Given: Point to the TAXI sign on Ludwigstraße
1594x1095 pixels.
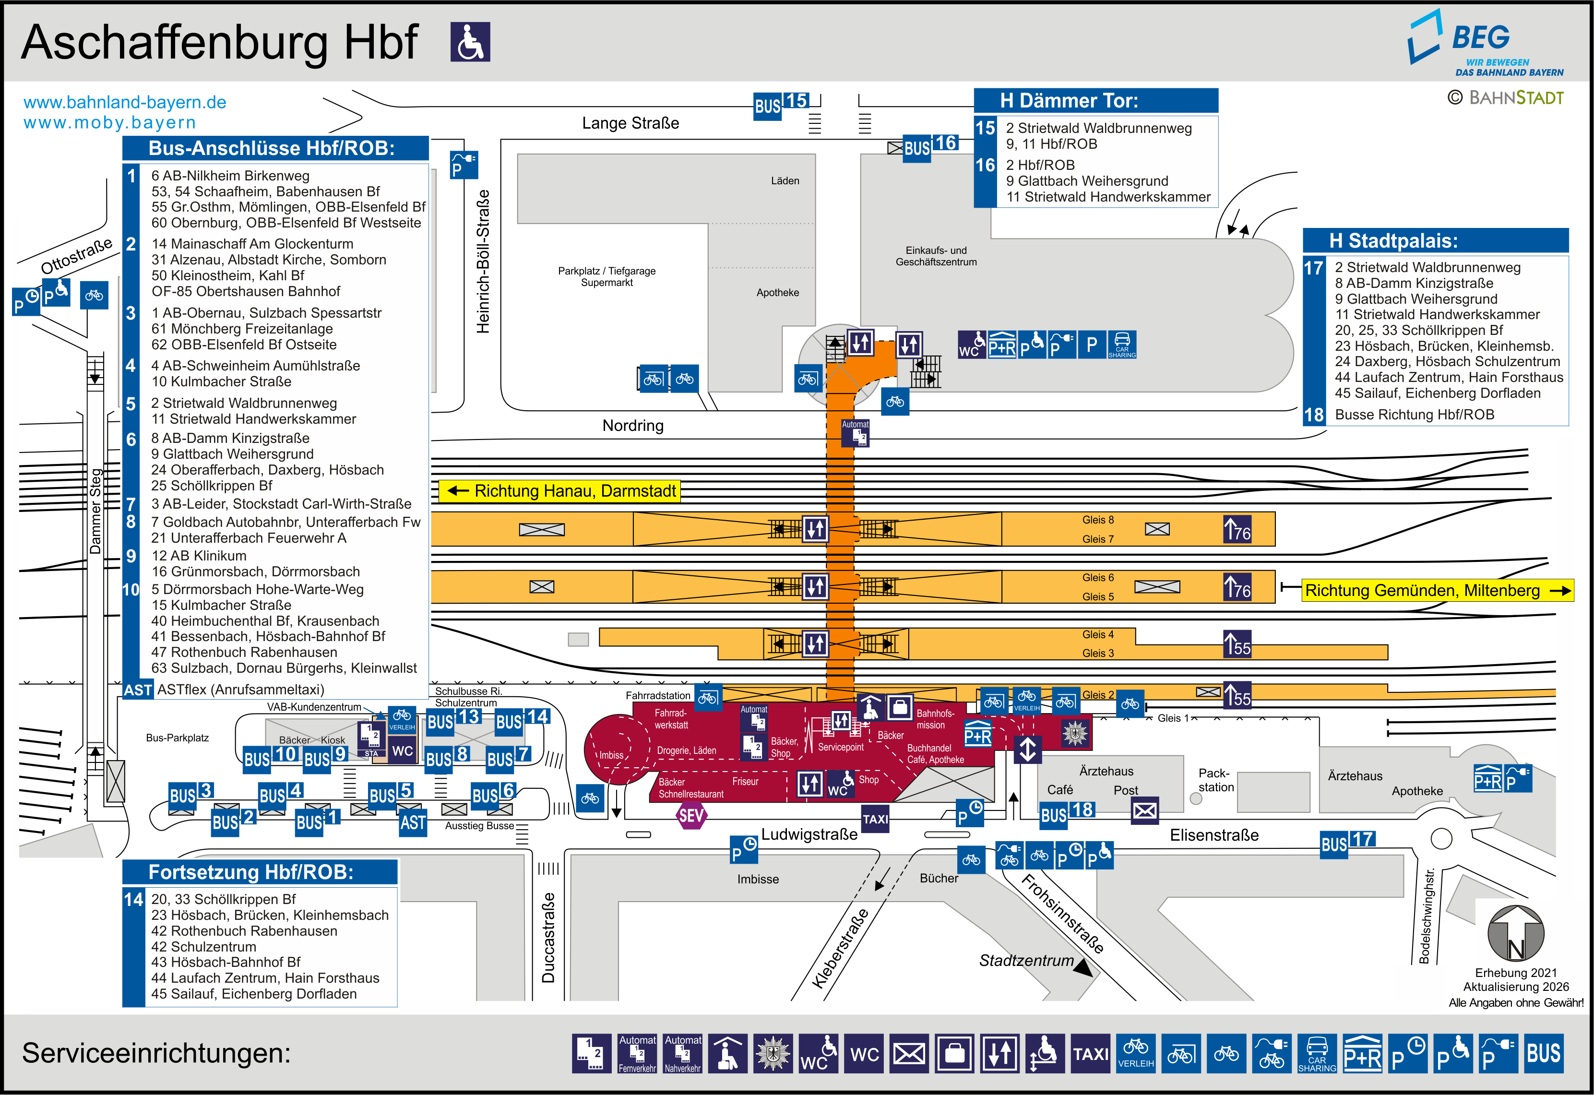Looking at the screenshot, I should point(875,819).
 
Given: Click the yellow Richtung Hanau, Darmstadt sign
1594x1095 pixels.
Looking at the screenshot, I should point(559,491).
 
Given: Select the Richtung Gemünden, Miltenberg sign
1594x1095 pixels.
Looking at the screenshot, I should point(1437,590).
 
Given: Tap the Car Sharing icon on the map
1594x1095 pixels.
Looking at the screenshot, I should point(1122,345).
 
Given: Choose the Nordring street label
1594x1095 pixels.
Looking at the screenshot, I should point(632,425).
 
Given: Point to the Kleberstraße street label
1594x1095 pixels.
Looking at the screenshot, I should point(840,948).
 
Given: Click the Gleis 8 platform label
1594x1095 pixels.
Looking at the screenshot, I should point(1097,520).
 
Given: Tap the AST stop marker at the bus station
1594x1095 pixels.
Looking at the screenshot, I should point(413,822).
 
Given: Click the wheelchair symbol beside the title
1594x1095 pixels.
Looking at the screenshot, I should point(471,42).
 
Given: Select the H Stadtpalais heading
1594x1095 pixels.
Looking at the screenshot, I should point(1435,241).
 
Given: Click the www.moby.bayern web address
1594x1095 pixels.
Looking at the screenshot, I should point(110,123).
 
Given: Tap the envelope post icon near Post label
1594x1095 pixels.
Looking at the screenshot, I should point(1144,810).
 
